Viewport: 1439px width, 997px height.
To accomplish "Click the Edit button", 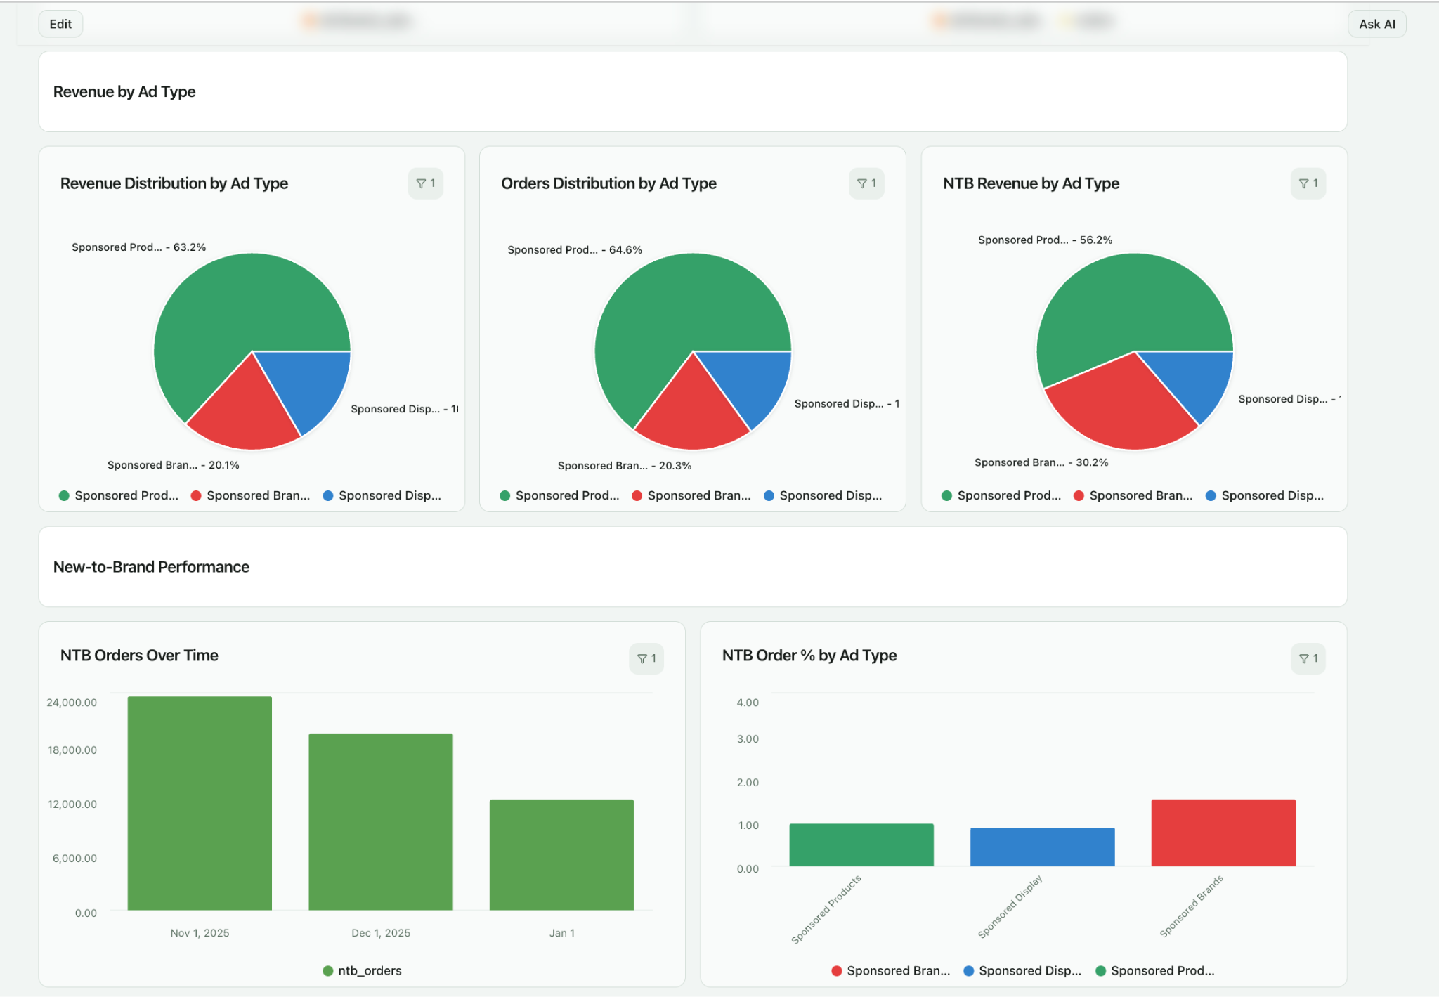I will (x=60, y=24).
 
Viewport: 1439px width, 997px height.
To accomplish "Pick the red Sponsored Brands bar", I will (x=1223, y=833).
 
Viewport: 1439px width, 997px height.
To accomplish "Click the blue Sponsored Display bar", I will (x=1042, y=847).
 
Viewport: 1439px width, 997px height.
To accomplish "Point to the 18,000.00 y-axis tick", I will (x=72, y=750).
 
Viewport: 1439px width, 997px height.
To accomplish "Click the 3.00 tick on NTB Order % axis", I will (x=748, y=738).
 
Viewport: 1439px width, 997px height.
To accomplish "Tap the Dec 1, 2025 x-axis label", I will (x=381, y=933).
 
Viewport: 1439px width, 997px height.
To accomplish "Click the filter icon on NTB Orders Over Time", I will (x=646, y=658).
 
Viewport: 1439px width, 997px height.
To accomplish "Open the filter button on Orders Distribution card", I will (x=866, y=183).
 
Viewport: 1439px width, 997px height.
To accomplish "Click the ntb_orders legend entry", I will (x=363, y=971).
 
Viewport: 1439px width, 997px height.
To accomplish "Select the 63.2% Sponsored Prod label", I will (x=138, y=247).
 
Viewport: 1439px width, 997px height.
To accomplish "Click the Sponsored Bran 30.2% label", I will (x=1041, y=462).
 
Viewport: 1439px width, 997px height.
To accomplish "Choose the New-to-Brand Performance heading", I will (x=151, y=567).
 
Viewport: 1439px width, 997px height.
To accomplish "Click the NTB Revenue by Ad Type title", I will (x=1030, y=183).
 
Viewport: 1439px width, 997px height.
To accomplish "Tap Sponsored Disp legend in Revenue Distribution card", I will (x=382, y=495).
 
